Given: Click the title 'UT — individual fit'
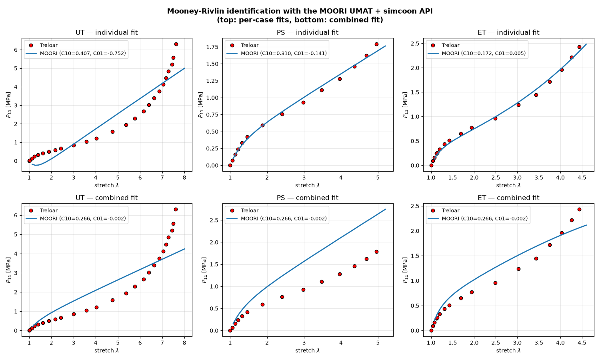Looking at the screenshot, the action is (x=107, y=32).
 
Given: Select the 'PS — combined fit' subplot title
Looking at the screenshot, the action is (x=308, y=198).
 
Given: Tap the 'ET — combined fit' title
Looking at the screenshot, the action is (x=508, y=198).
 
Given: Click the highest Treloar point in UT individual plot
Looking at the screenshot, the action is (x=176, y=44).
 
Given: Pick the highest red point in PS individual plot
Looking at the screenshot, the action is (x=377, y=44).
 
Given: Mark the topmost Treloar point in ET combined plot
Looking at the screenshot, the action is (x=579, y=210).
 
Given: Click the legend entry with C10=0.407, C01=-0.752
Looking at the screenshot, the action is (x=83, y=53).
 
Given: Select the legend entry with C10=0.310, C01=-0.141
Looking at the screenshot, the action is (x=284, y=53).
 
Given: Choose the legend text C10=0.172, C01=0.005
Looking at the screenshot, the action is (x=484, y=53).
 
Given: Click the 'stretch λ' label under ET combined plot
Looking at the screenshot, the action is (x=508, y=350).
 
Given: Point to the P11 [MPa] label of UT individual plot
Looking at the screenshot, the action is (x=8, y=105).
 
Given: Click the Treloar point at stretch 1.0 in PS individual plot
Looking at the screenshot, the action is (x=230, y=165).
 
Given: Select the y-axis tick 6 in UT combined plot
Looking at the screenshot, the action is (x=16, y=215).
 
